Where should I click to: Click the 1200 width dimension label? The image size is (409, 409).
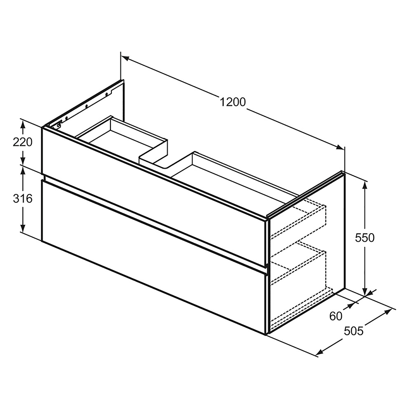click(233, 102)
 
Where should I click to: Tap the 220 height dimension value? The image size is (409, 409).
click(23, 142)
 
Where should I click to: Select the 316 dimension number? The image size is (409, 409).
click(23, 199)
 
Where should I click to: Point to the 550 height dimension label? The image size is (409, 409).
click(365, 237)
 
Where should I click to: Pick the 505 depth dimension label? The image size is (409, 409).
click(354, 331)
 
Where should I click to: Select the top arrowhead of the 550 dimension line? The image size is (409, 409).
click(365, 184)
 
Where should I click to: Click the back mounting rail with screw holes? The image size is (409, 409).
click(86, 106)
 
